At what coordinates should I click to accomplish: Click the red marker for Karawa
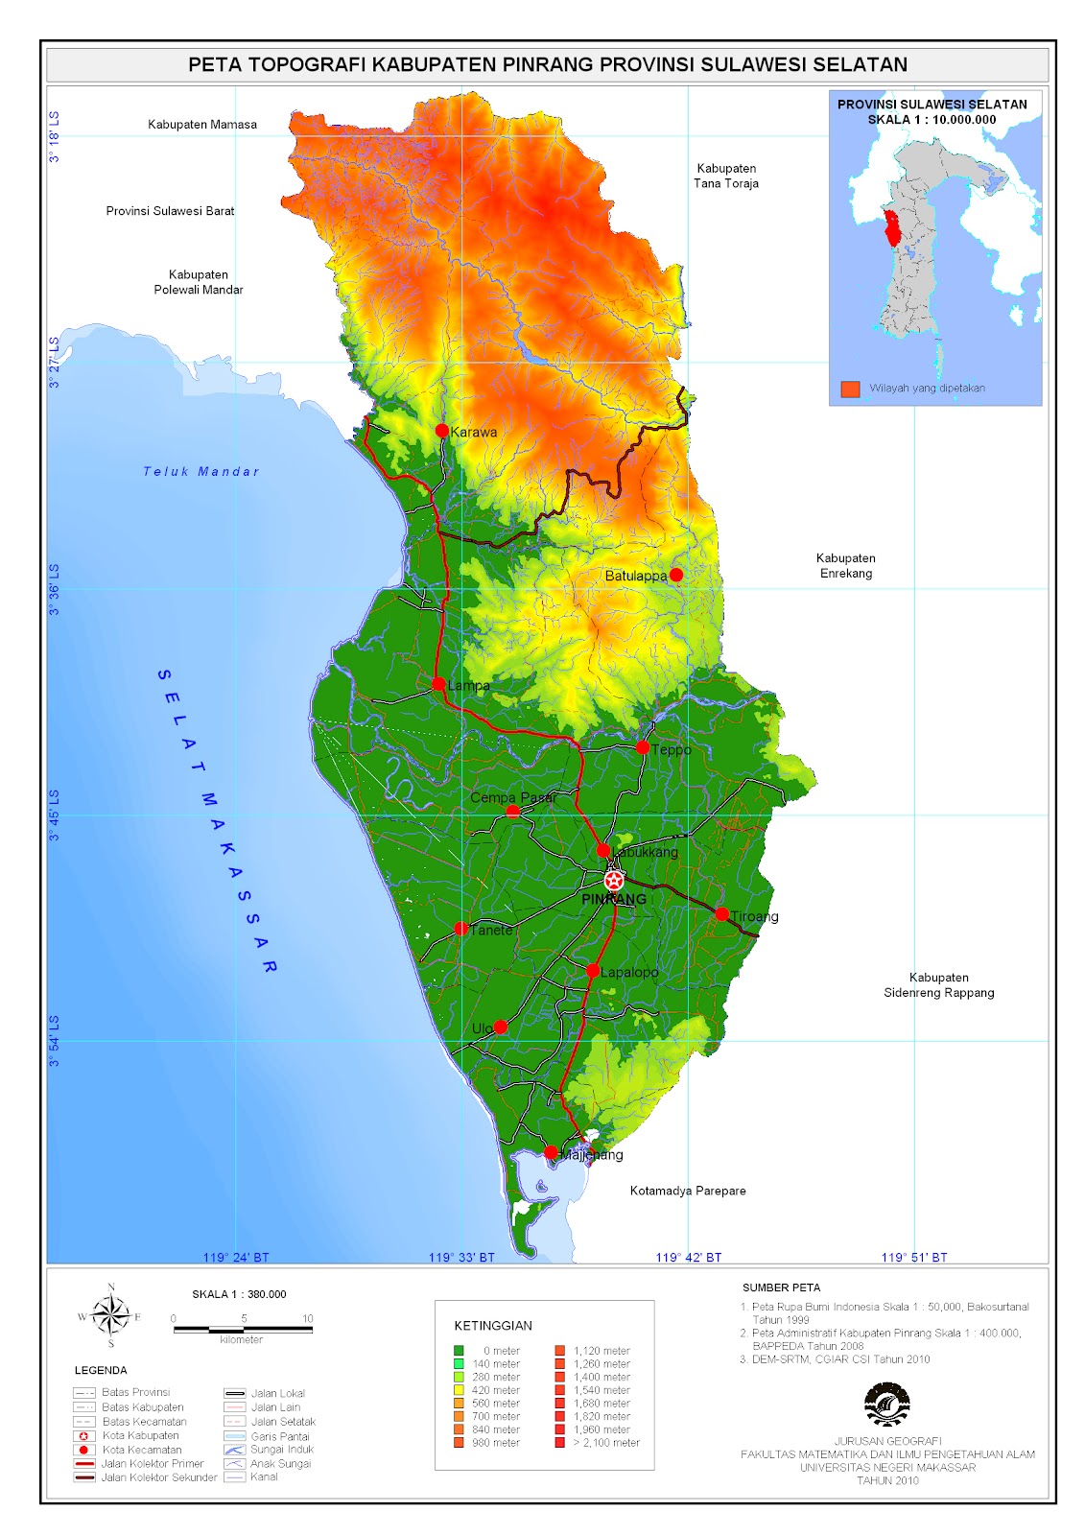[x=442, y=431]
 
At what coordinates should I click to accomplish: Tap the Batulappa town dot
[x=675, y=575]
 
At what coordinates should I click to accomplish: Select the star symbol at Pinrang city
[x=614, y=880]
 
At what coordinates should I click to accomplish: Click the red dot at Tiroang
[x=722, y=915]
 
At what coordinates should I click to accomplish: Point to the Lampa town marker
[x=438, y=684]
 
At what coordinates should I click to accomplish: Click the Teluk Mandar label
[x=200, y=471]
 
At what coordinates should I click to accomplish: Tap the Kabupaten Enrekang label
[x=845, y=565]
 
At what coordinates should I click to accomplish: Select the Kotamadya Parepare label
[x=687, y=1191]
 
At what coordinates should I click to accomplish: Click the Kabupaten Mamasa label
[x=201, y=124]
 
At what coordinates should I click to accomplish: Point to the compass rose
[x=111, y=1316]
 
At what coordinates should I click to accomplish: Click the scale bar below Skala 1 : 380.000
[x=242, y=1329]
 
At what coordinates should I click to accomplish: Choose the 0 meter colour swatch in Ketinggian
[x=460, y=1350]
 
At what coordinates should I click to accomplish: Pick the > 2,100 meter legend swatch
[x=560, y=1442]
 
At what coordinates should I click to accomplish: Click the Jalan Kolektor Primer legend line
[x=84, y=1463]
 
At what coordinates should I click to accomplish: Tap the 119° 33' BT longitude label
[x=461, y=1257]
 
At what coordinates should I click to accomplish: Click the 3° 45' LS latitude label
[x=55, y=815]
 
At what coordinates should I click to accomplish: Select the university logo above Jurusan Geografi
[x=887, y=1405]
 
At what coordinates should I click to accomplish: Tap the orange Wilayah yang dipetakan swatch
[x=850, y=389]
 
